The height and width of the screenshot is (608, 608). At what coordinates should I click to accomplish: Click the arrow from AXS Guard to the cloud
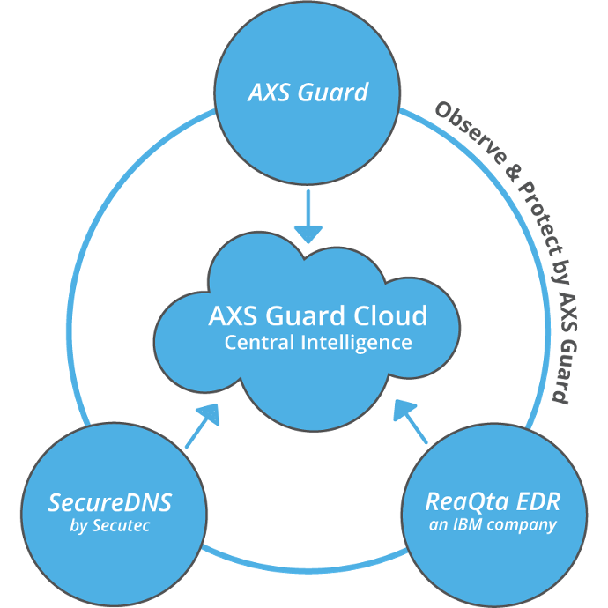tap(308, 217)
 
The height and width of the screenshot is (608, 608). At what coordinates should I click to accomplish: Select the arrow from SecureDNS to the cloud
tap(203, 426)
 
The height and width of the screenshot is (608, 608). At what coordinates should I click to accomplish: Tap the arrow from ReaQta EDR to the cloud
tap(411, 421)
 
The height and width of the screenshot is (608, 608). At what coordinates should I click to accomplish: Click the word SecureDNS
tap(110, 502)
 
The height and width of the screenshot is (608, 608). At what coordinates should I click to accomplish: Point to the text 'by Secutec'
tap(110, 525)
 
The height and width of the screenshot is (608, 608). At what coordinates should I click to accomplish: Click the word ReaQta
tap(461, 502)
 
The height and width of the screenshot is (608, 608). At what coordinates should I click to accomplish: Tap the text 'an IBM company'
tap(493, 524)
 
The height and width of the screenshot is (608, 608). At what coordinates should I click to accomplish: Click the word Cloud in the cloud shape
tap(390, 315)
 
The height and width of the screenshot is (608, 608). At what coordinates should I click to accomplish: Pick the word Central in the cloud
tap(259, 343)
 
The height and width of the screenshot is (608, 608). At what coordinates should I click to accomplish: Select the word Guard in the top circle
tap(333, 93)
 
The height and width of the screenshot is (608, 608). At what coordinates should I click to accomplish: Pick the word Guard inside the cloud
tap(305, 315)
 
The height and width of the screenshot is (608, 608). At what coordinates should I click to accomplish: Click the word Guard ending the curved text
tap(564, 372)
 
